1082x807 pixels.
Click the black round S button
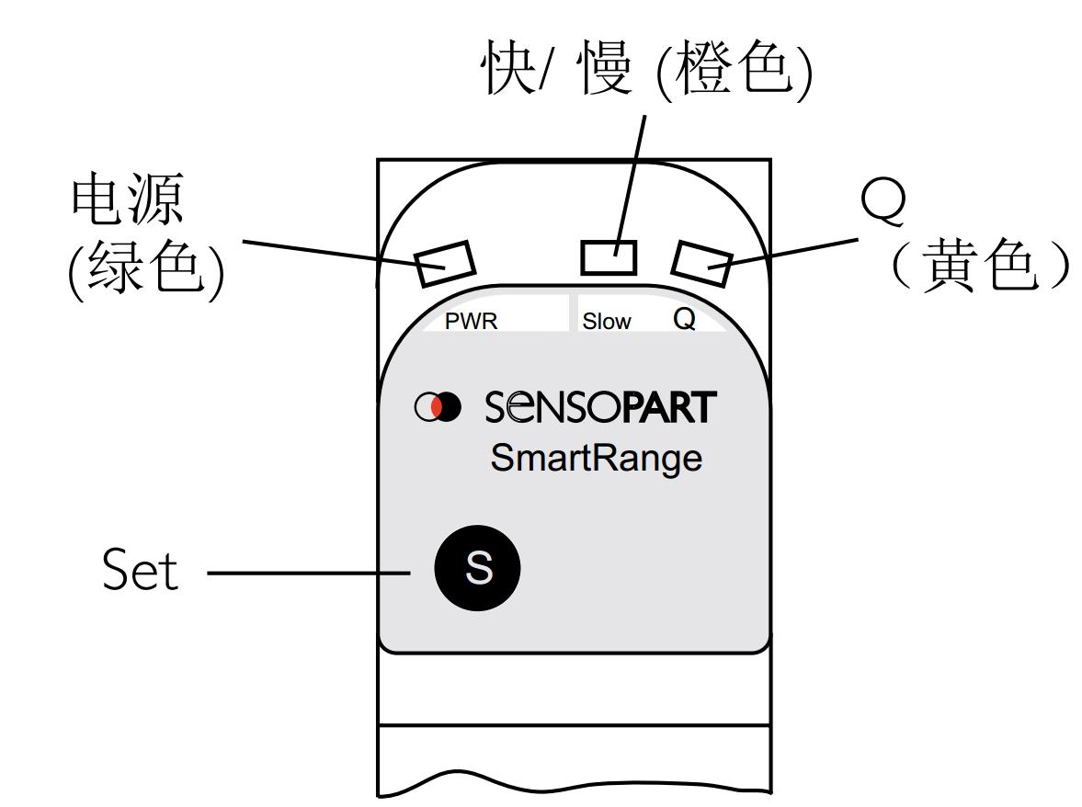pyautogui.click(x=477, y=568)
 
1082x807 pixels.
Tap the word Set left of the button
pyautogui.click(x=139, y=570)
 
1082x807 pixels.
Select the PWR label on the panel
pyautogui.click(x=471, y=322)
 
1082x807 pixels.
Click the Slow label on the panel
pyautogui.click(x=607, y=322)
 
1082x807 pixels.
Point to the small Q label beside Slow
pyautogui.click(x=684, y=320)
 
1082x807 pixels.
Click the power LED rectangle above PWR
pyautogui.click(x=445, y=264)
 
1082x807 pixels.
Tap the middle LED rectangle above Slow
pyautogui.click(x=609, y=257)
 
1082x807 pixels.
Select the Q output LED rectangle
pyautogui.click(x=701, y=263)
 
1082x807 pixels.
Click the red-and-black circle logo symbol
pyautogui.click(x=438, y=407)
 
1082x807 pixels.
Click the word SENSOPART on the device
pyautogui.click(x=599, y=407)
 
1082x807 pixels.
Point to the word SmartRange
pyautogui.click(x=596, y=457)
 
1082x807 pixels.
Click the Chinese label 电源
pyautogui.click(x=128, y=200)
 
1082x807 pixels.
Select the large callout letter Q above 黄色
pyautogui.click(x=883, y=203)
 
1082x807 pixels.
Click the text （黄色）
pyautogui.click(x=980, y=267)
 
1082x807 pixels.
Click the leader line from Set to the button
pyautogui.click(x=308, y=574)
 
